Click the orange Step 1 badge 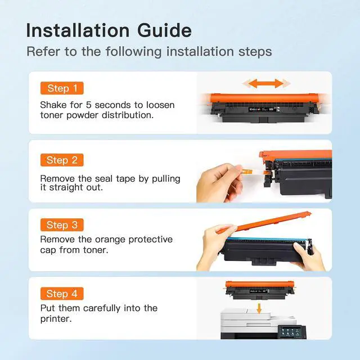pos(62,88)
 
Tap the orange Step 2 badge pos(62,160)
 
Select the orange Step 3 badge pos(62,225)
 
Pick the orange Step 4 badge pos(62,294)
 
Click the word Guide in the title pos(164,30)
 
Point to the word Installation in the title pos(78,30)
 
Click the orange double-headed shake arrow pos(266,83)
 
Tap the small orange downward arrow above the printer pos(259,308)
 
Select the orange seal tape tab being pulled pos(246,171)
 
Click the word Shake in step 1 pos(53,105)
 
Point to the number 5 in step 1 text pos(89,105)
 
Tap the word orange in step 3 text pos(110,240)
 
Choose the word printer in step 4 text pos(55,319)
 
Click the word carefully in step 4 pos(102,308)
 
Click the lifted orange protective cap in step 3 pos(264,223)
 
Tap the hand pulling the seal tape pos(219,182)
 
